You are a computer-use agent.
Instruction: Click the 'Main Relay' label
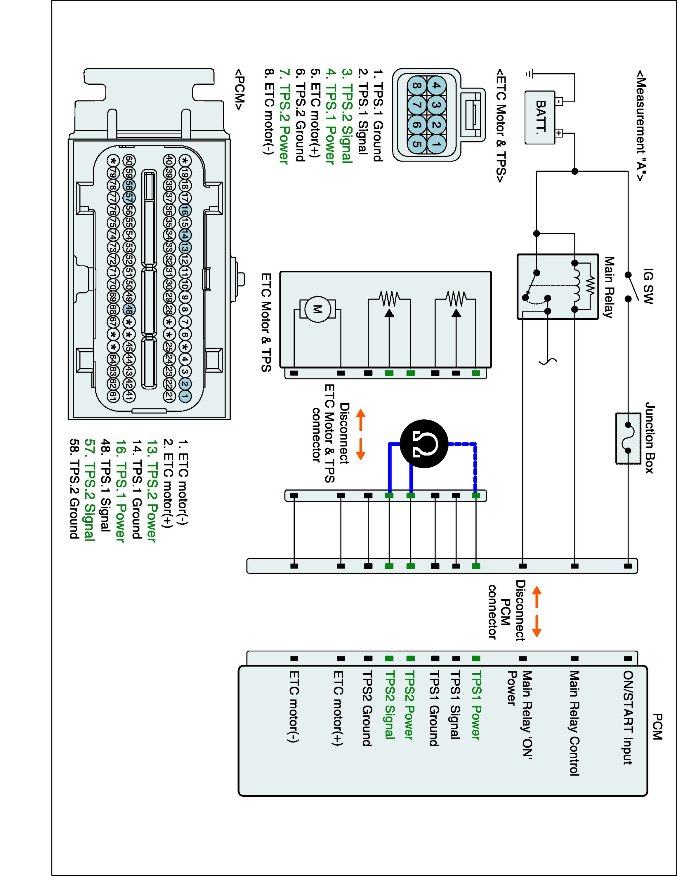coord(609,288)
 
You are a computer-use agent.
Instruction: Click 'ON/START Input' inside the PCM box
coord(628,718)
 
